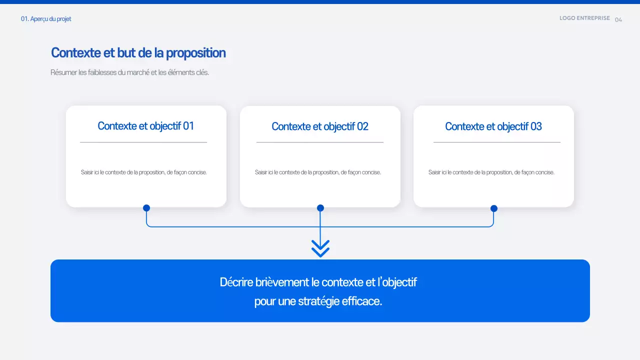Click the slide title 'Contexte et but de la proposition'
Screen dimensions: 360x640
coord(138,53)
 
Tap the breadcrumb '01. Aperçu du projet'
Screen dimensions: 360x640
coord(46,19)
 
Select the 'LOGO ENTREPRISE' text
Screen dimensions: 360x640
coord(584,18)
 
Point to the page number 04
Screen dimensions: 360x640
coord(618,20)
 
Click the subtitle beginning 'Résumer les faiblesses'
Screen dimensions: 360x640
coord(129,72)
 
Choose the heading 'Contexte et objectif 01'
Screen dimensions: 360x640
coord(145,126)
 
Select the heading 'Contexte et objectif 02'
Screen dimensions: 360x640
coord(320,126)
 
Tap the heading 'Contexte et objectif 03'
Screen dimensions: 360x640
coord(493,126)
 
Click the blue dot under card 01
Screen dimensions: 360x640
coord(146,208)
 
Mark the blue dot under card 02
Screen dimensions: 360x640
coord(320,208)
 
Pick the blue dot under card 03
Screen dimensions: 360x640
coord(494,208)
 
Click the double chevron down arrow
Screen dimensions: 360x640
coord(320,248)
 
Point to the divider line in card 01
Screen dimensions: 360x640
coord(143,142)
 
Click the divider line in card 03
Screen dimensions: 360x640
coord(496,142)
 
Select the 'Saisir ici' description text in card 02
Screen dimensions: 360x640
coord(318,172)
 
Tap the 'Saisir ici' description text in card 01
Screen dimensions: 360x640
coord(144,172)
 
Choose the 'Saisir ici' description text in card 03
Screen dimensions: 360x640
coord(491,172)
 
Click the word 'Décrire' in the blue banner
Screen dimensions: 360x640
coord(236,282)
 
